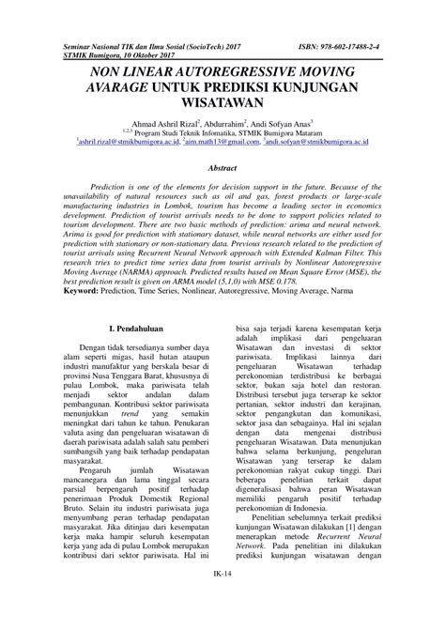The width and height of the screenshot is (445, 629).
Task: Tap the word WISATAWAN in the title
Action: tap(222, 104)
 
